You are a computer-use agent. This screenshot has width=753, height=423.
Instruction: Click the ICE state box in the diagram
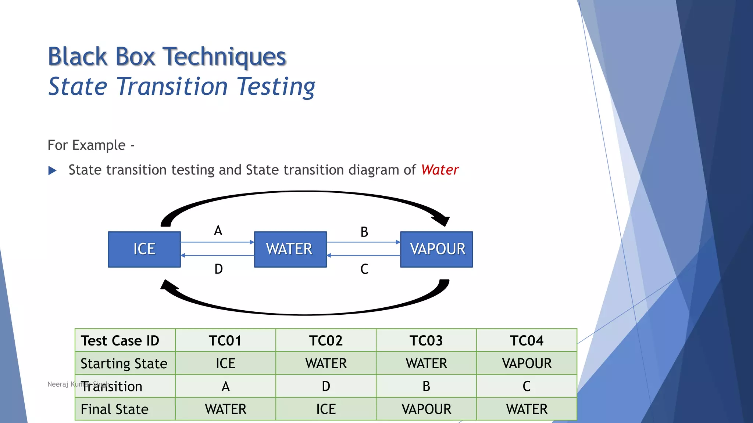click(x=144, y=249)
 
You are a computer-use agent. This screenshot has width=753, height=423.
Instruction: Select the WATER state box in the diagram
click(x=290, y=249)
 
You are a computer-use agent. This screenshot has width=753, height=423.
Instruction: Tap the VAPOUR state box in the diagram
click(x=436, y=249)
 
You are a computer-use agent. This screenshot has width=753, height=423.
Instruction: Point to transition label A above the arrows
click(x=218, y=231)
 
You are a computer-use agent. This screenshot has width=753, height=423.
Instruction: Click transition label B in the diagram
click(x=364, y=232)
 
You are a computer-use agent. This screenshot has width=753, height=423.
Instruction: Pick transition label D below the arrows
click(x=218, y=269)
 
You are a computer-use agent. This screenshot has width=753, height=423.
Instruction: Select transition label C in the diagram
click(x=364, y=269)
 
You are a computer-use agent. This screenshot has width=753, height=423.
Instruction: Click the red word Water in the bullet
click(x=440, y=170)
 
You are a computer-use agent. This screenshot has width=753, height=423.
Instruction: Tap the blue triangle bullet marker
click(x=52, y=170)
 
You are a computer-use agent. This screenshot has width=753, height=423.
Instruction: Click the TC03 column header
click(x=426, y=340)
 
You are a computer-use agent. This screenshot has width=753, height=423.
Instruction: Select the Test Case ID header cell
click(x=120, y=340)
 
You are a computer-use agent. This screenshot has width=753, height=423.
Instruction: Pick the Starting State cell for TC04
click(x=527, y=364)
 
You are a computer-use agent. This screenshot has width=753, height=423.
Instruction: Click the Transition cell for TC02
click(x=326, y=386)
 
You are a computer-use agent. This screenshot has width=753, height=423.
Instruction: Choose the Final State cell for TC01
click(x=225, y=409)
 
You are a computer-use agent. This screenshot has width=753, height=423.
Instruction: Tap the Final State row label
click(x=115, y=409)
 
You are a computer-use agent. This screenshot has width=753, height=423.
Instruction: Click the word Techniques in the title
click(x=224, y=57)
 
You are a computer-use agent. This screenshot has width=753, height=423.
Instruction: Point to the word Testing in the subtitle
click(x=276, y=87)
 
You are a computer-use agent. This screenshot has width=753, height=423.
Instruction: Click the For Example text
click(x=87, y=145)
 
